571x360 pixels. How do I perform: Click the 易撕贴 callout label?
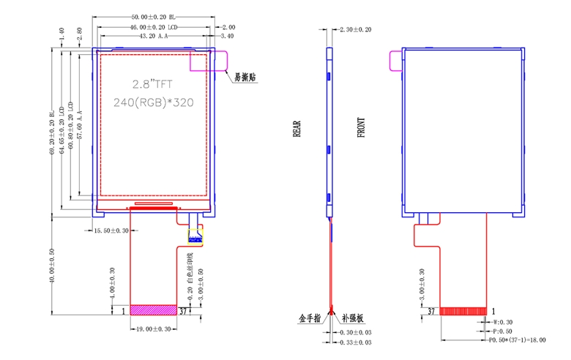tap(244, 77)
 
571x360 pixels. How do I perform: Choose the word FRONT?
tap(361, 129)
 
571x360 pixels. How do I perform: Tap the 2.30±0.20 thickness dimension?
tap(355, 29)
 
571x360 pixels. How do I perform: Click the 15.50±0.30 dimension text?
tap(112, 230)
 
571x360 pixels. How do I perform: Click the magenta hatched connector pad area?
tap(153, 310)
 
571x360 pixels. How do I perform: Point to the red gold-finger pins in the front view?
tap(463, 311)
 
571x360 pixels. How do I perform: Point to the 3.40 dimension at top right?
tap(227, 35)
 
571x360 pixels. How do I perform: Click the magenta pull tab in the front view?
tap(395, 60)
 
